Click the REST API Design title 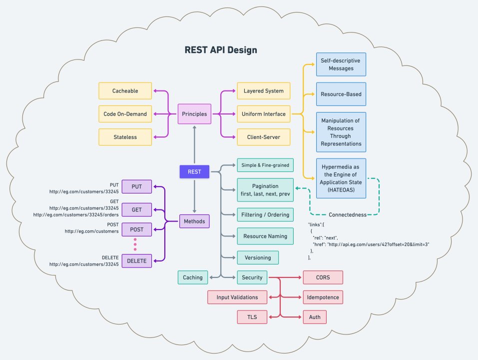pyautogui.click(x=221, y=50)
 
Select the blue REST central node pyautogui.click(x=194, y=171)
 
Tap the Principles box pyautogui.click(x=194, y=113)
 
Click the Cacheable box pyautogui.click(x=125, y=91)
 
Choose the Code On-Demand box pyautogui.click(x=125, y=114)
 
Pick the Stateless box pyautogui.click(x=125, y=136)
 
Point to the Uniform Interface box pyautogui.click(x=264, y=114)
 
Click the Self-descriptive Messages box pyautogui.click(x=341, y=64)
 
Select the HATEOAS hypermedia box pyautogui.click(x=341, y=178)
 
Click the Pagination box pyautogui.click(x=265, y=190)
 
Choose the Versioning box pyautogui.click(x=258, y=257)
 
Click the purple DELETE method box pyautogui.click(x=136, y=260)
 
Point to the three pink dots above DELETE pyautogui.click(x=136, y=244)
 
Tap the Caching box pyautogui.click(x=192, y=277)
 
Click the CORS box pyautogui.click(x=323, y=277)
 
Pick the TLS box pyautogui.click(x=252, y=316)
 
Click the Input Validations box pyautogui.click(x=237, y=297)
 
